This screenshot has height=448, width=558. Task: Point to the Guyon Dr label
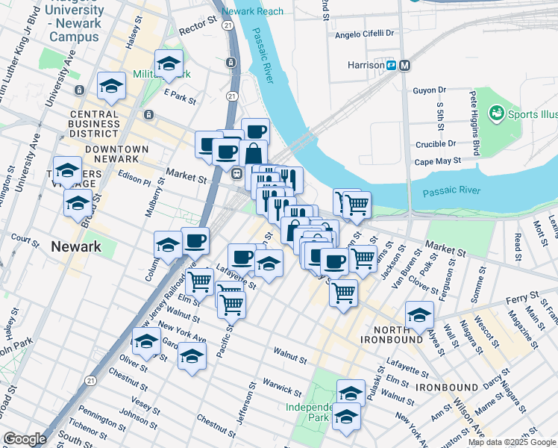pos(429,90)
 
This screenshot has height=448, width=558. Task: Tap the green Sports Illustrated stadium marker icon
pos(495,113)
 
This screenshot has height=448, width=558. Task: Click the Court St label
pos(25,241)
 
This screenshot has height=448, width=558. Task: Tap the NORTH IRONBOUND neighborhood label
pos(381,335)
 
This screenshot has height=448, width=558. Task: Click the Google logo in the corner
pos(25,439)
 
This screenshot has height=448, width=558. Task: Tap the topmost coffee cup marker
pos(255,130)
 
